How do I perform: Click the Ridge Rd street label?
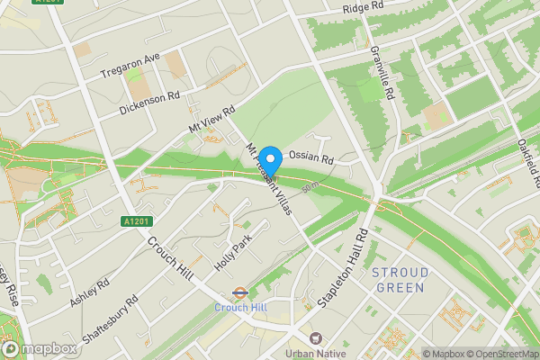coord(364,8)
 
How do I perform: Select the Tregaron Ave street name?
coord(130,64)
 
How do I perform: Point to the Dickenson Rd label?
coord(149,103)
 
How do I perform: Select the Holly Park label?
coord(232,256)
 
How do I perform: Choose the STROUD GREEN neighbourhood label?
coord(400,279)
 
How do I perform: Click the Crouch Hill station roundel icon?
coord(240,292)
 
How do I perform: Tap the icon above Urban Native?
coord(315,338)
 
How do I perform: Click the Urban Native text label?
coord(315,354)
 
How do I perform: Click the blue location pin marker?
coord(270,158)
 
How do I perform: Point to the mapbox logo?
coord(39,348)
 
